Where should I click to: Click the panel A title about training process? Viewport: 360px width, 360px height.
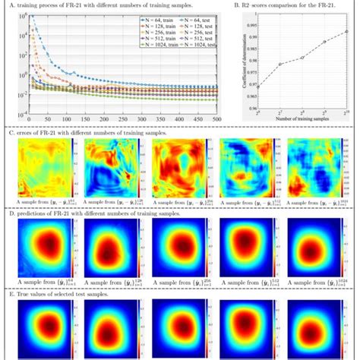tap(99, 6)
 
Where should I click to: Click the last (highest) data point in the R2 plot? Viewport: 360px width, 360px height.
tap(347, 31)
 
